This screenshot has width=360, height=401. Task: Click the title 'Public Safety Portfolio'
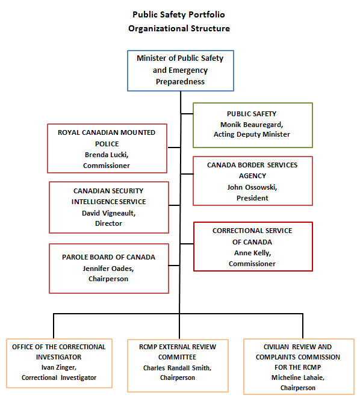click(179, 14)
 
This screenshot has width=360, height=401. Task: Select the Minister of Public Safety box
click(180, 70)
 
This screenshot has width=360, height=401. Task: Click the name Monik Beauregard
click(252, 123)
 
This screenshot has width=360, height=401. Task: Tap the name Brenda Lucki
click(106, 155)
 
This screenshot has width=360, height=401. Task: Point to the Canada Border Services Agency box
click(252, 181)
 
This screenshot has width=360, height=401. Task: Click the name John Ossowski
click(252, 187)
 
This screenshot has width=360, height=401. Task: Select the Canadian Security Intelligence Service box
click(109, 207)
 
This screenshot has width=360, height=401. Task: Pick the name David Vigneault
click(109, 213)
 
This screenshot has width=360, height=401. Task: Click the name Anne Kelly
click(252, 253)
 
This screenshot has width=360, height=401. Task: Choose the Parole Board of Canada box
click(109, 267)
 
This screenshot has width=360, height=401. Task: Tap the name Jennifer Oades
click(109, 268)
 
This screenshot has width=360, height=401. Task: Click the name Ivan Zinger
click(58, 367)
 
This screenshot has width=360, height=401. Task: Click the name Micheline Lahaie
click(297, 378)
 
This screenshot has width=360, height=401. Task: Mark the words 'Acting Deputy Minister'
click(252, 134)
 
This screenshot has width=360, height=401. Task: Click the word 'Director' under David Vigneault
click(109, 223)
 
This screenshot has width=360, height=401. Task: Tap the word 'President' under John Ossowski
click(252, 198)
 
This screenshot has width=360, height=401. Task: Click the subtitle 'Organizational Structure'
click(179, 28)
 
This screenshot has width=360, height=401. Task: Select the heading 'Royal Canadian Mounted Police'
click(106, 138)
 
